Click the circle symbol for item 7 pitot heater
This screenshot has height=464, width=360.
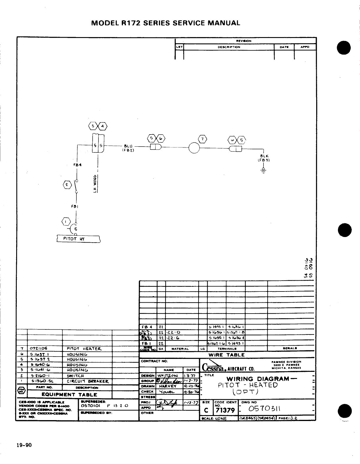(x=194, y=148)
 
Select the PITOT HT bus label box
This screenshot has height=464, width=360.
(x=78, y=239)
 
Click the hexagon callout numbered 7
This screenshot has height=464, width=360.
(x=203, y=138)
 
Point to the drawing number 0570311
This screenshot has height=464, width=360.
(x=264, y=409)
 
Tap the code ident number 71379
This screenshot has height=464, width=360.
(x=225, y=410)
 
